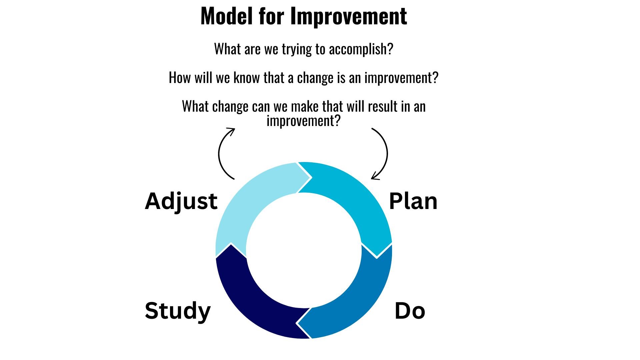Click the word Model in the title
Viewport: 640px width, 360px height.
pyautogui.click(x=226, y=16)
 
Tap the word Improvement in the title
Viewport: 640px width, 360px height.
pyautogui.click(x=349, y=16)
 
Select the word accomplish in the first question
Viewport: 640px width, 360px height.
pyautogui.click(x=361, y=49)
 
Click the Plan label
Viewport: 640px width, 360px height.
pyautogui.click(x=413, y=201)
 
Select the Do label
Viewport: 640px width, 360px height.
pyautogui.click(x=410, y=311)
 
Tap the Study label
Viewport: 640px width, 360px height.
pyautogui.click(x=178, y=311)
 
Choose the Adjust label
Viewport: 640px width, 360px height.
pyautogui.click(x=181, y=201)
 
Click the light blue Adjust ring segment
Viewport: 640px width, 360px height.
pyautogui.click(x=247, y=200)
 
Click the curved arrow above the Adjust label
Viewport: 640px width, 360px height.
pyautogui.click(x=219, y=153)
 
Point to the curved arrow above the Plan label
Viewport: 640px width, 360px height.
pyautogui.click(x=387, y=153)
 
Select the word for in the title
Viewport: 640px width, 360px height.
pyautogui.click(x=271, y=16)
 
